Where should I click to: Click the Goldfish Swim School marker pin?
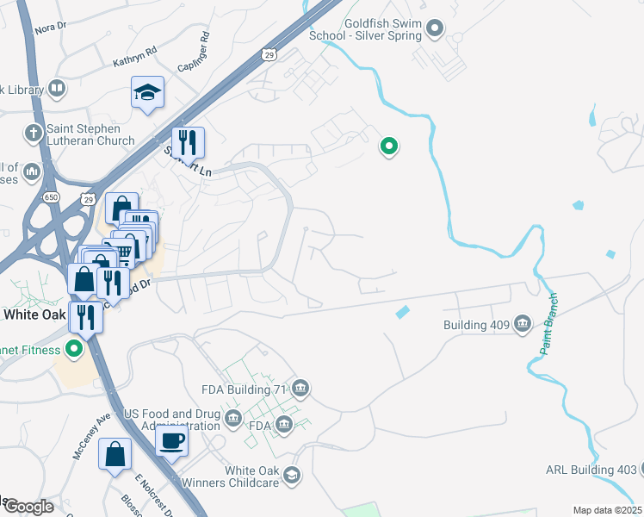(435, 28)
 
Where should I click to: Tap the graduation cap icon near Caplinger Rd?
(148, 91)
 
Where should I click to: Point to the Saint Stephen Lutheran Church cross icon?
(33, 133)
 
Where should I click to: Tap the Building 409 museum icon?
(522, 325)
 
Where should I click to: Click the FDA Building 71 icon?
(300, 389)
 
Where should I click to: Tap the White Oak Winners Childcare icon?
(293, 476)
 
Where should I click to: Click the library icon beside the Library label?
(56, 88)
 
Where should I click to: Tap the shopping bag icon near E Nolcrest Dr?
(115, 453)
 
